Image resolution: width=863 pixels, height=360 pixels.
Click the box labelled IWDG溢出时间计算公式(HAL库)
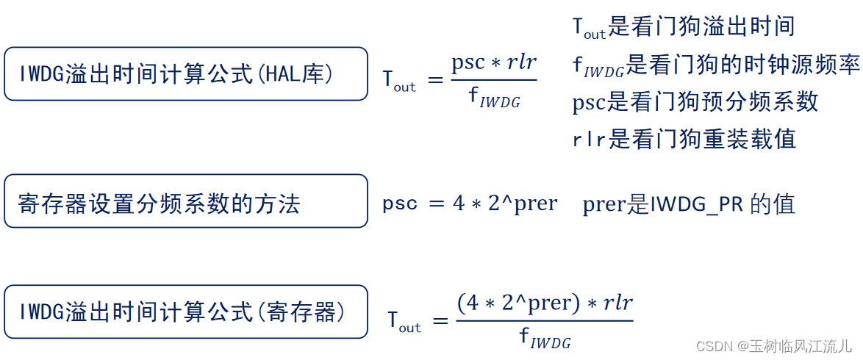point(185,73)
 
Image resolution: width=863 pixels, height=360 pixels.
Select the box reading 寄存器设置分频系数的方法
point(185,201)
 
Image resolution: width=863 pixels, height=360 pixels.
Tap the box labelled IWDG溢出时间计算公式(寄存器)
point(185,312)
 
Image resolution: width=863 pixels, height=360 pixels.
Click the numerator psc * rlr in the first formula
point(493,63)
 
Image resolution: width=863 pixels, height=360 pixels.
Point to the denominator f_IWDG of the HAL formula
point(494,99)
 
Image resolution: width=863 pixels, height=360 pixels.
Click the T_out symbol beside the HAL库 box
point(399,80)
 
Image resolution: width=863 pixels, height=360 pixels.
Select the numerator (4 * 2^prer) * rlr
point(544,303)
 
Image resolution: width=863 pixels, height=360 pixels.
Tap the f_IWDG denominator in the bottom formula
point(545,339)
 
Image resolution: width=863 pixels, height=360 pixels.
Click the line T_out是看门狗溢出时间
point(684,27)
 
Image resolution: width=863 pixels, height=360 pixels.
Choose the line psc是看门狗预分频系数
point(695,102)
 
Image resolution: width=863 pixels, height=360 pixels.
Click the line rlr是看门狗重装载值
point(684,139)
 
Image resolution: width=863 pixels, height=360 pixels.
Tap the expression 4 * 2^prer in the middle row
point(505,203)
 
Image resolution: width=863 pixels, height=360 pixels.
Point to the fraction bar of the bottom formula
point(544,321)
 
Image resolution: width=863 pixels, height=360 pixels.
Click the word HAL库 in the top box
point(307,73)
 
